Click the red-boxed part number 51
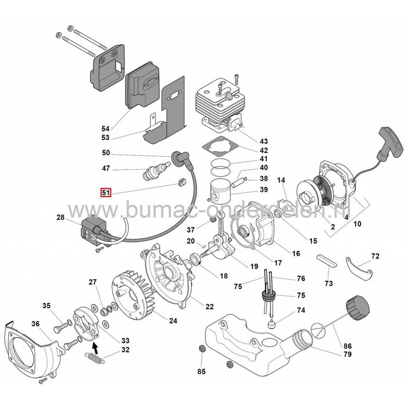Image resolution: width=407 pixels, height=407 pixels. pos(106,192)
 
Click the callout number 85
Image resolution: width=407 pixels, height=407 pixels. pos(201,370)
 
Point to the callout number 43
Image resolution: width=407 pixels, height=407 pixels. pos(263,141)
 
